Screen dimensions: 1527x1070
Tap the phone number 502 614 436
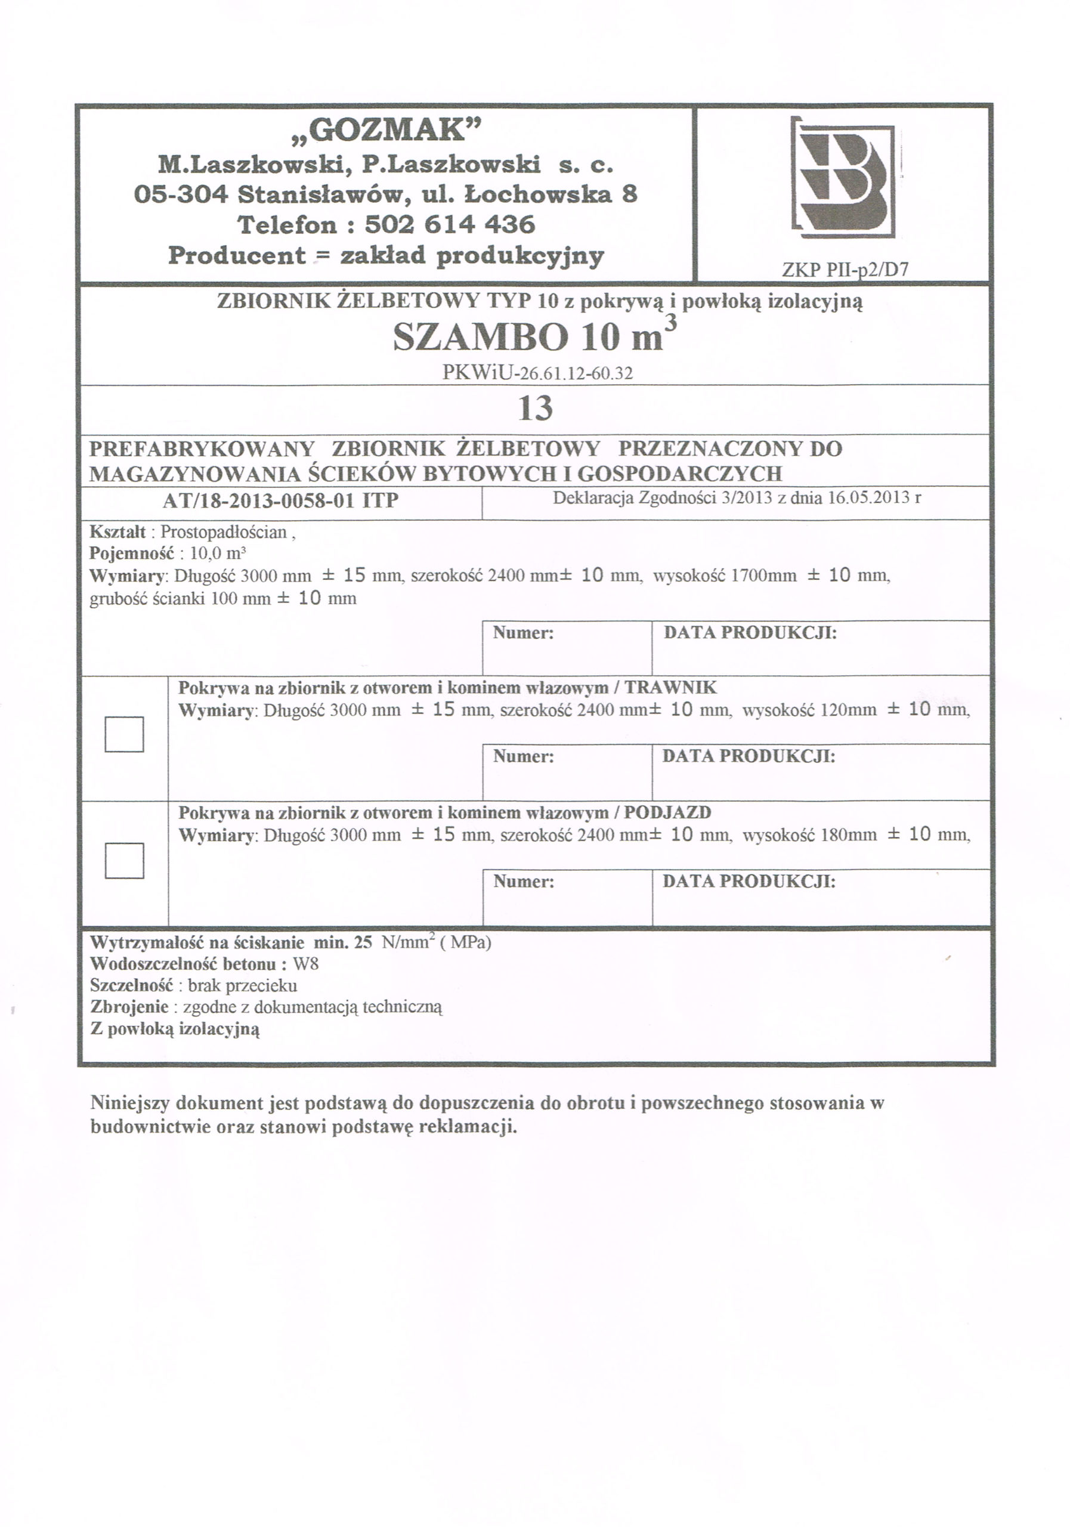click(450, 225)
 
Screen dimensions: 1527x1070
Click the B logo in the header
click(843, 178)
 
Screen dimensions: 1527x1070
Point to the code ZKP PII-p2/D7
click(845, 270)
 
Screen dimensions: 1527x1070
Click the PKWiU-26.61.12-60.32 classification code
click(537, 373)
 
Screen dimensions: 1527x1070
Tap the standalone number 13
click(536, 409)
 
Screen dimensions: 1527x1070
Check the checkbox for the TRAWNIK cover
click(125, 734)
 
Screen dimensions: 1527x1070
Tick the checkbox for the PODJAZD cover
click(125, 860)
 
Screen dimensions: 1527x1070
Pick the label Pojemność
click(131, 554)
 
